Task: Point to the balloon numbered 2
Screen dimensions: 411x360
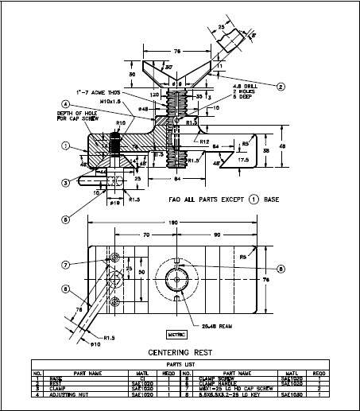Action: (x=280, y=86)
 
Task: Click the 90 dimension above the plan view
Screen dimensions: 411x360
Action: (x=215, y=236)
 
